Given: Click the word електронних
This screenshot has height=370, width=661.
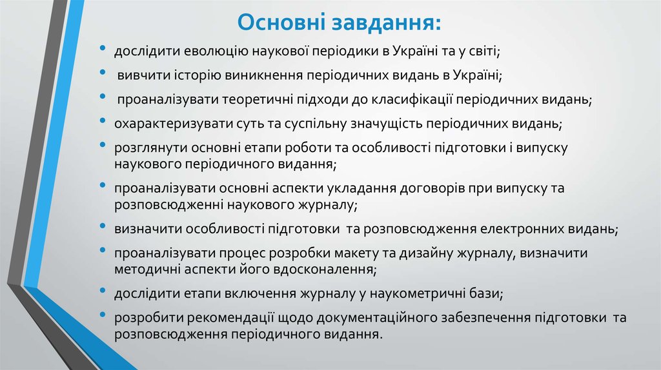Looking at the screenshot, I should coord(522,229).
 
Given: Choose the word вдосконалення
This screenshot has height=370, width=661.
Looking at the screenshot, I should coord(325,268).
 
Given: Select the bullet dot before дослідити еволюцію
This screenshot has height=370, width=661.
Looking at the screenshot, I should coord(105,49).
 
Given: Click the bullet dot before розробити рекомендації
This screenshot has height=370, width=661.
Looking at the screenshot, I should coord(105,316).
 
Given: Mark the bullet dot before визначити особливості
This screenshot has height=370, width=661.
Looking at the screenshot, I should coord(105,227).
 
